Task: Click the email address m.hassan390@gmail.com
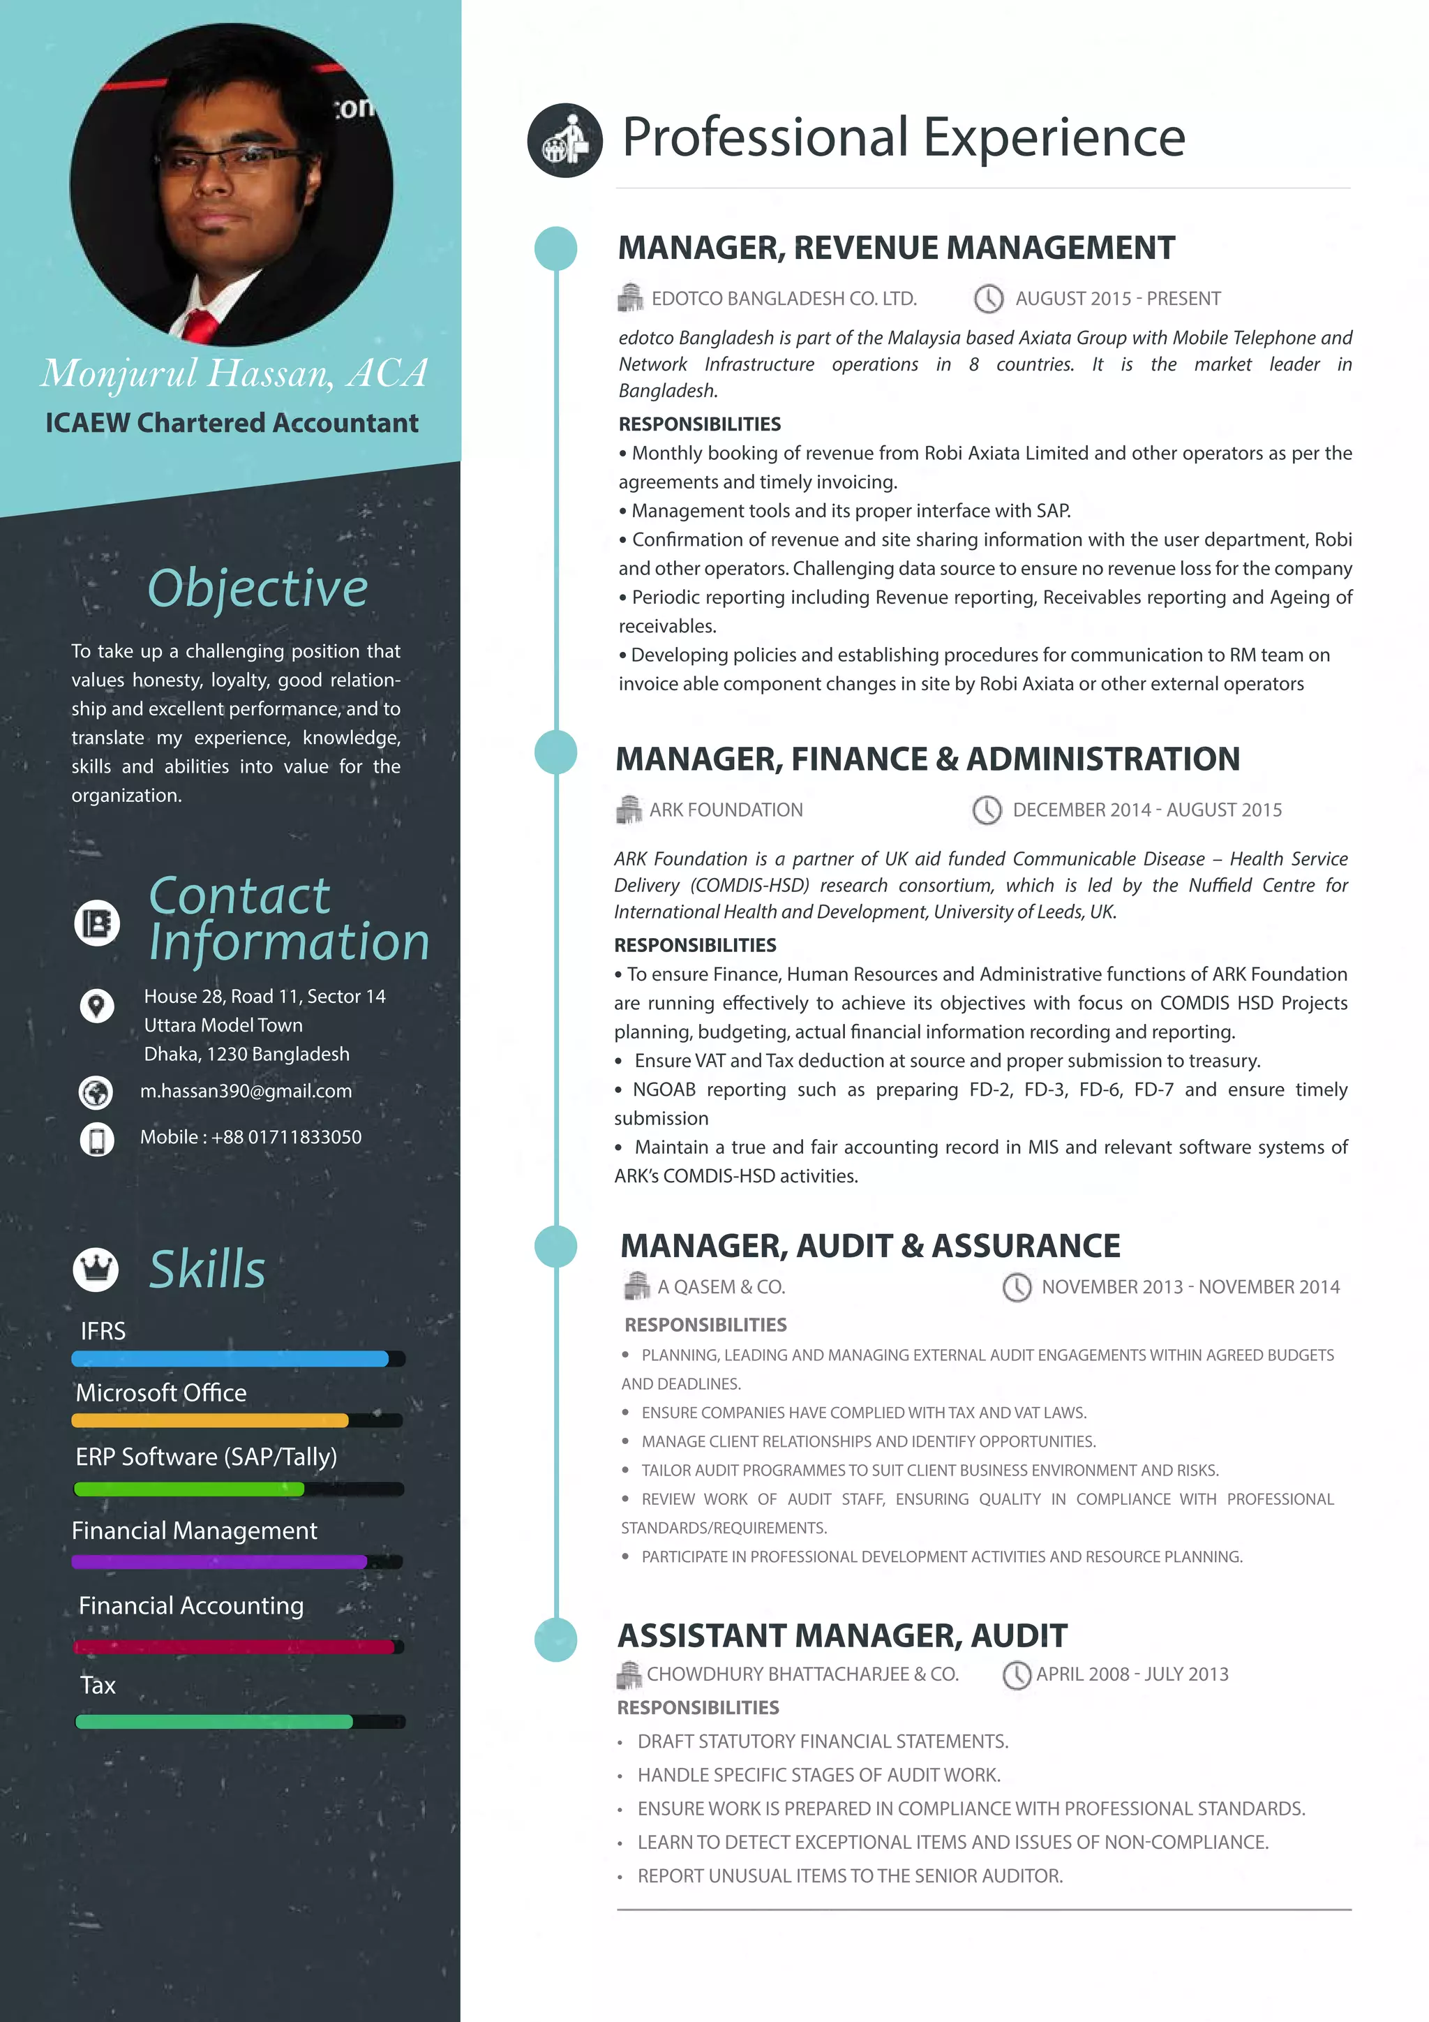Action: coord(246,1091)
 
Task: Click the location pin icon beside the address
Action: coord(97,1005)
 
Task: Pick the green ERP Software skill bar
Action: coord(189,1489)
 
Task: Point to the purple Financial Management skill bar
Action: coord(219,1562)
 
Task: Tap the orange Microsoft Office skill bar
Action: coord(209,1420)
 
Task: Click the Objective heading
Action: coord(257,588)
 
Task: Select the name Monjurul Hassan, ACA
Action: coord(233,373)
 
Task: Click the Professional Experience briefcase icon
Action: coord(564,140)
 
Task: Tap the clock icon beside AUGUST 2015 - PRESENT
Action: coord(989,299)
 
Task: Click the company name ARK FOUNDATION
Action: coord(726,810)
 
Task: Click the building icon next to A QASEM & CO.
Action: coord(636,1286)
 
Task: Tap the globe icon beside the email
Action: coord(96,1092)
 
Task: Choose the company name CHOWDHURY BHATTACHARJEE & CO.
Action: coord(802,1674)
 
